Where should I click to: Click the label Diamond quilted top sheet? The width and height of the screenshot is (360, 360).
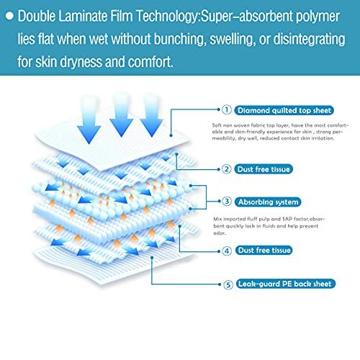[282, 111]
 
